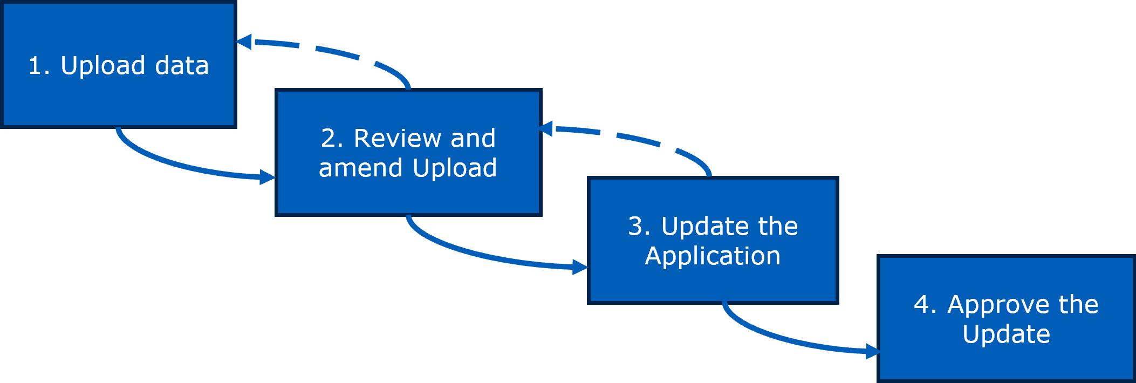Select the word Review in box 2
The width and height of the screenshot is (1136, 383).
(398, 138)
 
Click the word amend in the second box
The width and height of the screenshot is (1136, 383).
(360, 168)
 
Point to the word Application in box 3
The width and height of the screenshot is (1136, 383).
(713, 256)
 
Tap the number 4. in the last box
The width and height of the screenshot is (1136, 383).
(925, 305)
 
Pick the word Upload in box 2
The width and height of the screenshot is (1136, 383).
(455, 168)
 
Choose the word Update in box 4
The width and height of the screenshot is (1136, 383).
(1006, 334)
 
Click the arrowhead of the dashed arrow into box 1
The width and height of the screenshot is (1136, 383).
(244, 42)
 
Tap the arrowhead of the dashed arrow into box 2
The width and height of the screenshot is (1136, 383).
(546, 128)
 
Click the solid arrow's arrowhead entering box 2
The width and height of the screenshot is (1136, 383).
(267, 177)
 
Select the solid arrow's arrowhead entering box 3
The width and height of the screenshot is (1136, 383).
(580, 267)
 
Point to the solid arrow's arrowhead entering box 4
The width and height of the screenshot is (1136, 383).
(872, 352)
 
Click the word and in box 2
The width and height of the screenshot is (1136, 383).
(473, 138)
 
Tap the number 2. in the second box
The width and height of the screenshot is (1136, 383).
(332, 138)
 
